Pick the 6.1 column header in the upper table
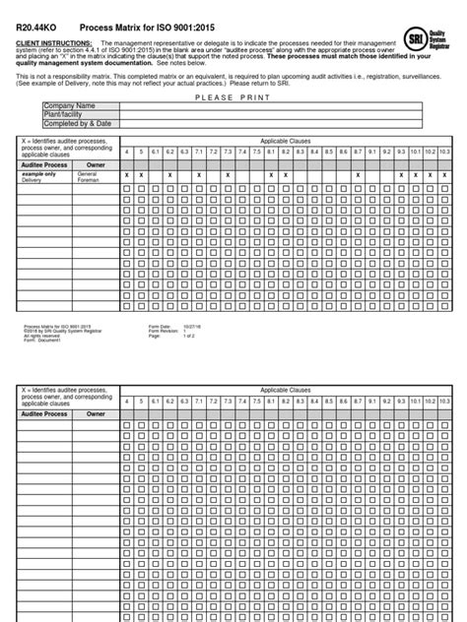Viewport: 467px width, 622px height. coord(156,153)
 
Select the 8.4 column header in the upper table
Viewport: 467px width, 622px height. coord(314,153)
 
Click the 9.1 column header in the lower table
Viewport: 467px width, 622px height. coord(371,401)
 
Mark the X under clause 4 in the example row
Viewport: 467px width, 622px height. coord(126,174)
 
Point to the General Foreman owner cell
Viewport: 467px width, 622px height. coord(92,177)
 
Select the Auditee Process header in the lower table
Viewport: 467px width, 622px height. coord(43,414)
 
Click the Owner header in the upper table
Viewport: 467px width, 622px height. coord(96,165)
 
